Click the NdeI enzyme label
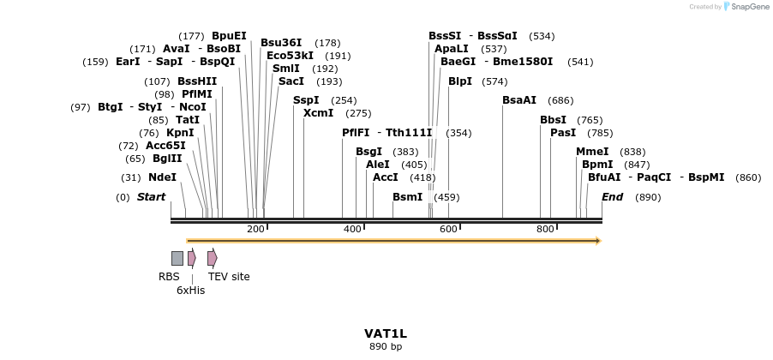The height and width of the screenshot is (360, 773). [162, 177]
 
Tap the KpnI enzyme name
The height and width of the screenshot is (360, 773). [180, 133]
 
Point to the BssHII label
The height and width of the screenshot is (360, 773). [197, 81]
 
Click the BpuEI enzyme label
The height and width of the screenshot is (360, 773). [229, 36]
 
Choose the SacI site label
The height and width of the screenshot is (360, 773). [291, 81]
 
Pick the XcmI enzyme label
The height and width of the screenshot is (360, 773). [318, 113]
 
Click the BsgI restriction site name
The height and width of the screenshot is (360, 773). [369, 152]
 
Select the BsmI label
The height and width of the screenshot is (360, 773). [407, 197]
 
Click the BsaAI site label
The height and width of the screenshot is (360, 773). [519, 100]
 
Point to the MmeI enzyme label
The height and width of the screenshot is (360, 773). [592, 152]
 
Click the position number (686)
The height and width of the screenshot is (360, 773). [560, 100]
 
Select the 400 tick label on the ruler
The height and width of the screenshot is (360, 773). [352, 229]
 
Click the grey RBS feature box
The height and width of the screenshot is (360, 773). [177, 258]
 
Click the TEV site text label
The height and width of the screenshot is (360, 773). [229, 277]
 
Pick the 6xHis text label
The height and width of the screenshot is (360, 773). [190, 291]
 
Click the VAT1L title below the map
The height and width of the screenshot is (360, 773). [386, 333]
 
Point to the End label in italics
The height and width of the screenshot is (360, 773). [612, 197]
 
